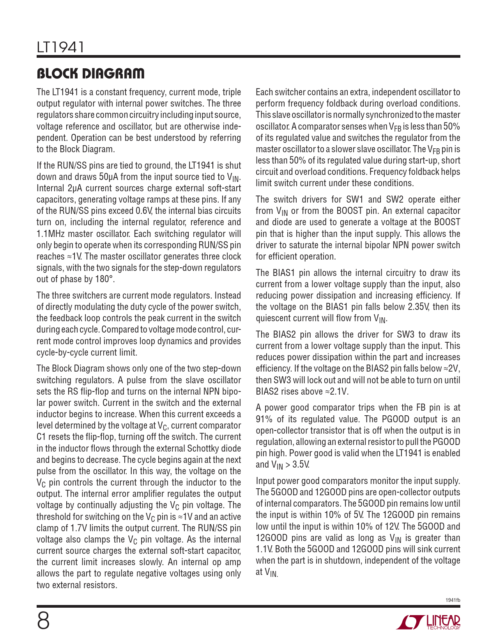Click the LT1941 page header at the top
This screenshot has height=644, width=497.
point(60,47)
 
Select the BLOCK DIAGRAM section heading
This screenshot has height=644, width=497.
point(90,73)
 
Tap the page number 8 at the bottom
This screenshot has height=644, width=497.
point(43,621)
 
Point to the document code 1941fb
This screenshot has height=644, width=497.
point(453,600)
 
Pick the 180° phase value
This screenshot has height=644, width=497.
point(105,279)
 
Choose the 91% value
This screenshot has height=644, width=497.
point(264,419)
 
